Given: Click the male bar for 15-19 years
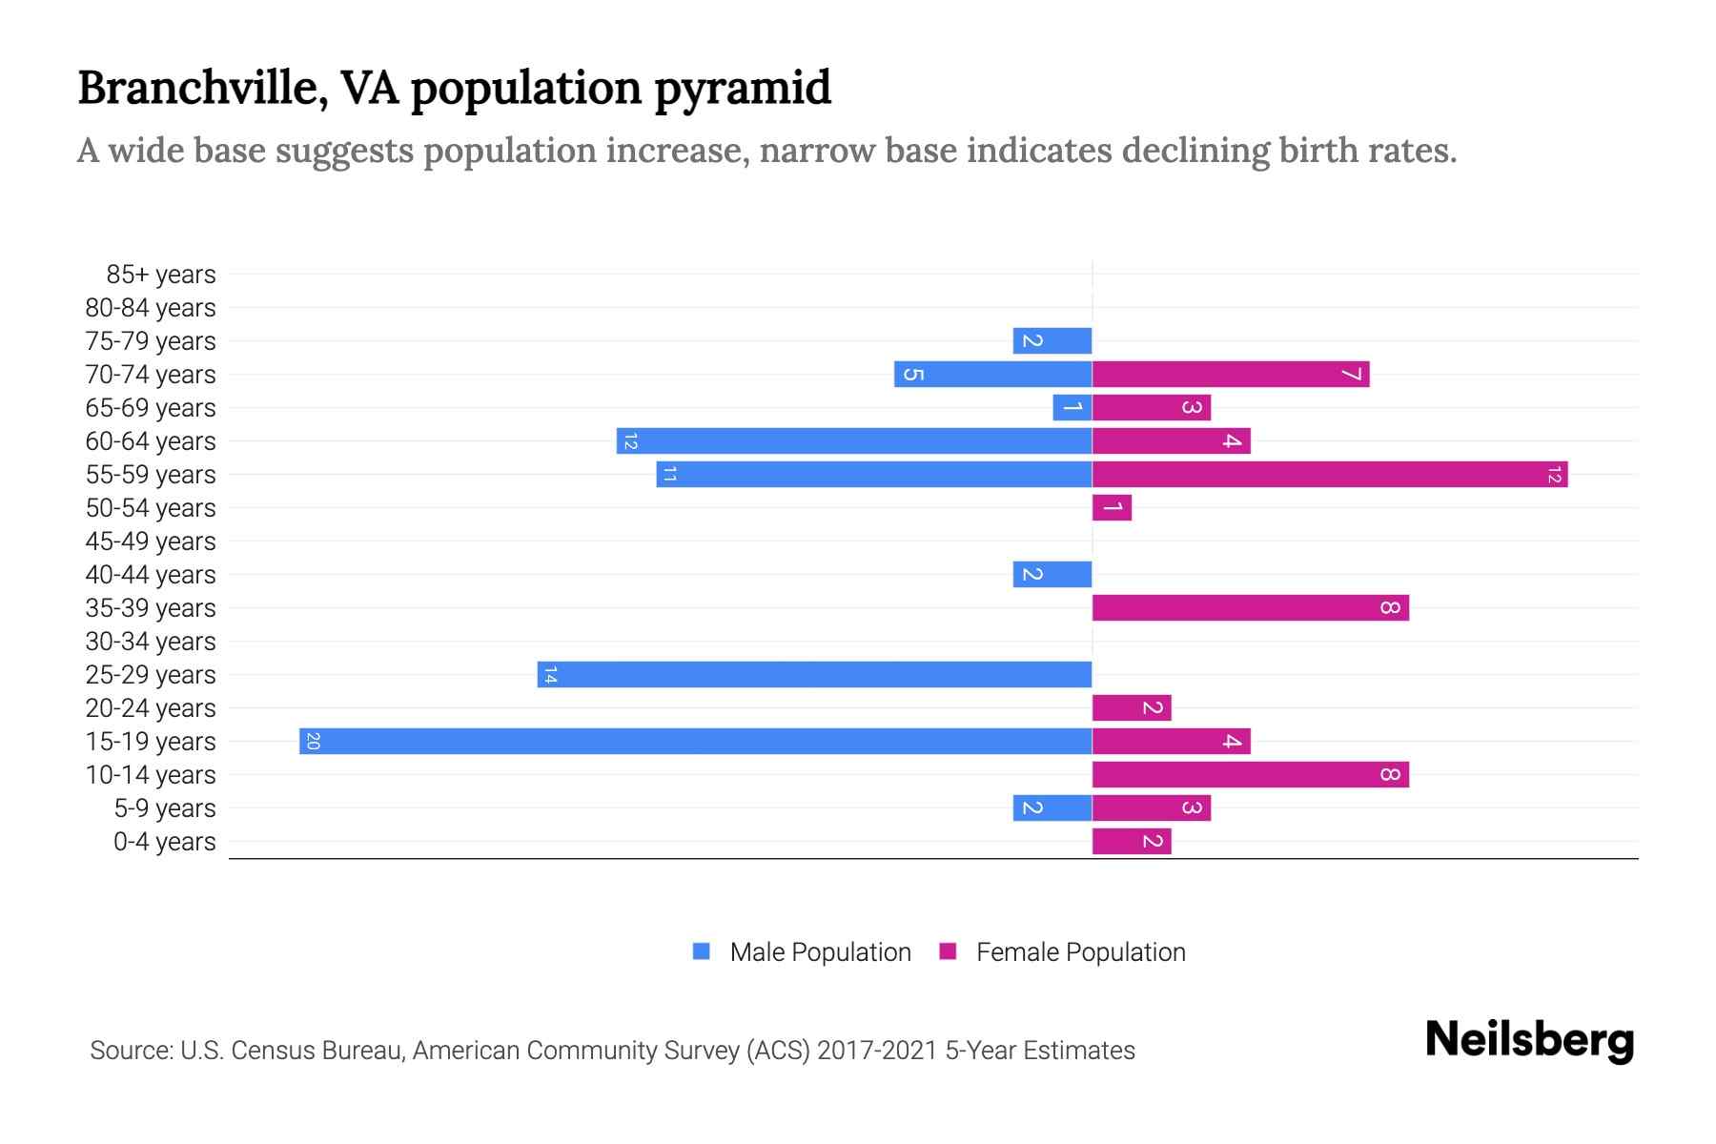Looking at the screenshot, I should click(x=696, y=741).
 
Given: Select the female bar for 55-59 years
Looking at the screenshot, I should click(x=1330, y=474).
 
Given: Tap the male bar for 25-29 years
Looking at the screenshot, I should click(x=815, y=674).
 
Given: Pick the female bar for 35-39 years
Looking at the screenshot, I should click(x=1251, y=607).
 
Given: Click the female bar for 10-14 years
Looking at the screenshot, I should click(x=1251, y=774).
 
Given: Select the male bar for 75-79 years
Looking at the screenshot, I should click(x=1052, y=340).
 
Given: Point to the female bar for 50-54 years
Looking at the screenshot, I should click(x=1112, y=507).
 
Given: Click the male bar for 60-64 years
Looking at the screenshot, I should click(x=854, y=440).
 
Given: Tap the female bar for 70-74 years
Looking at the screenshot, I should click(x=1231, y=374).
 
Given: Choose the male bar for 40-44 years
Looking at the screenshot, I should click(x=1052, y=574).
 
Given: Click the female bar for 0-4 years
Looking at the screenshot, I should click(x=1132, y=841).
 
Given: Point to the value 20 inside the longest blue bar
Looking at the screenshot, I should click(x=313, y=741).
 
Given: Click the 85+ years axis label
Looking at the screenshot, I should click(x=161, y=275).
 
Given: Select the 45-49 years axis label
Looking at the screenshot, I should click(x=151, y=541).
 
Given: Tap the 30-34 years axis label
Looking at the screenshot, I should click(x=151, y=642).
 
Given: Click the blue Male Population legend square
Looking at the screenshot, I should click(x=702, y=951).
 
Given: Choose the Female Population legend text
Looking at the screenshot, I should click(x=1080, y=951).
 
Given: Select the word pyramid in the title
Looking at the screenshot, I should click(x=743, y=88).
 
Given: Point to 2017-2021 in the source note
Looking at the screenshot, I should click(x=877, y=1051).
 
